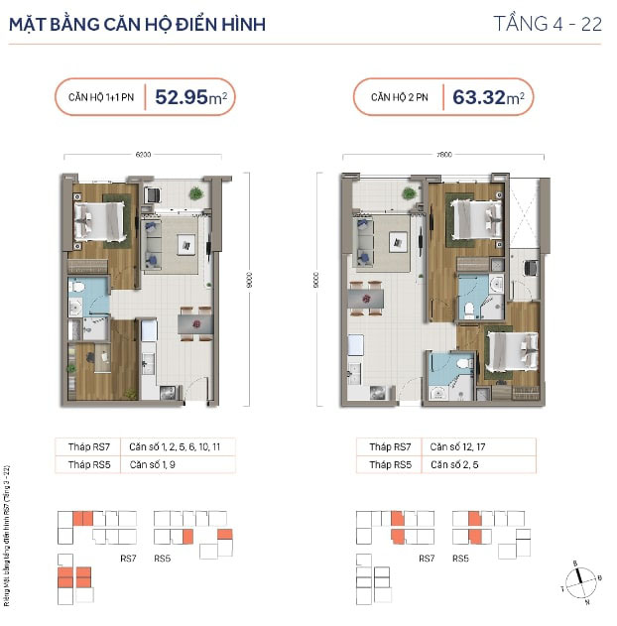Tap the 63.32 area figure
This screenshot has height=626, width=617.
point(479,97)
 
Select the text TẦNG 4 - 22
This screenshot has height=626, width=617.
point(548,25)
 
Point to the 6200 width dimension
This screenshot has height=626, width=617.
point(143,155)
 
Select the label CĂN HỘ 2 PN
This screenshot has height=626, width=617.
point(400,97)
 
